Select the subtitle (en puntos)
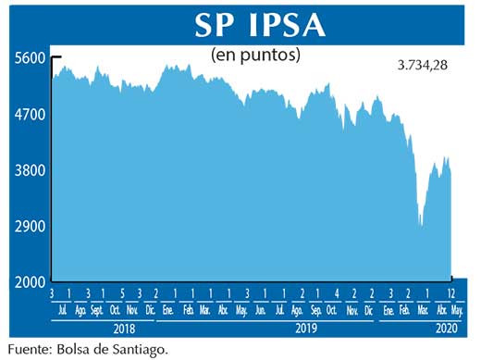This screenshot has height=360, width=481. click(256, 55)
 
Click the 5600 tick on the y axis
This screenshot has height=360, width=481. click(30, 57)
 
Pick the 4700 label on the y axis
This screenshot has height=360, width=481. click(30, 115)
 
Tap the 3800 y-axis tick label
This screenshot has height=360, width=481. click(30, 171)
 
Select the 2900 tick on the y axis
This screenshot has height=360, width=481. click(30, 227)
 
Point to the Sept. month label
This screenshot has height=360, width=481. click(96, 310)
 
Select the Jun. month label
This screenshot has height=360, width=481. click(261, 310)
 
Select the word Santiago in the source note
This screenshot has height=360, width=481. click(142, 350)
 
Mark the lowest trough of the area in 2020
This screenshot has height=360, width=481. click(421, 225)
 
